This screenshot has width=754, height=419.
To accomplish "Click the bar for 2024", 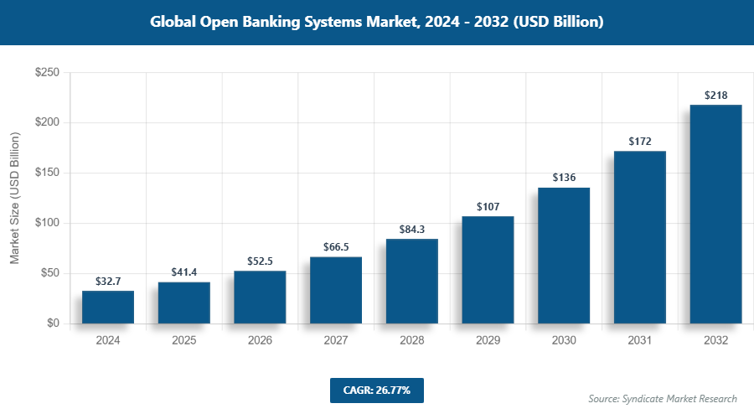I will [108, 307].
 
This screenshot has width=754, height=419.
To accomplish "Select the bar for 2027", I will [336, 290].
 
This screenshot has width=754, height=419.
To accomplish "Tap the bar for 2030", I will [564, 256].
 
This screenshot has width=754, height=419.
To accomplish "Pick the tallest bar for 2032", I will [715, 214].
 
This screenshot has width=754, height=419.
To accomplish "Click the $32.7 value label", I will [108, 281].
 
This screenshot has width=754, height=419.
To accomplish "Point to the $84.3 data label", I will [412, 229].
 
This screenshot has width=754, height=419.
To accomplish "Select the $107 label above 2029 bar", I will [488, 206].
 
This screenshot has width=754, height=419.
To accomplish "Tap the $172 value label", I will [639, 141].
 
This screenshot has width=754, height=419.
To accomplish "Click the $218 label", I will [715, 95].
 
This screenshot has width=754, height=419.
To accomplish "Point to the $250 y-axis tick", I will [46, 73].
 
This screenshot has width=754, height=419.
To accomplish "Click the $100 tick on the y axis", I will [46, 223].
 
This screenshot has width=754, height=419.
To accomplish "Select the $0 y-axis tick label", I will [52, 323].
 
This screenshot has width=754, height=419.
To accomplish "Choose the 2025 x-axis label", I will [184, 341].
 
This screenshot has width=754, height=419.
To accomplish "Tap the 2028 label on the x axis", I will [412, 341].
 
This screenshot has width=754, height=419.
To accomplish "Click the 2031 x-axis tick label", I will [639, 341].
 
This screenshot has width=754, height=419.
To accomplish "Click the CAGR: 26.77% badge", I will [376, 391].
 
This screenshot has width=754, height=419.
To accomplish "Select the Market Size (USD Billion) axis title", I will [15, 198].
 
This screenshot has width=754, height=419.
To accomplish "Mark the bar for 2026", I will [260, 297].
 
